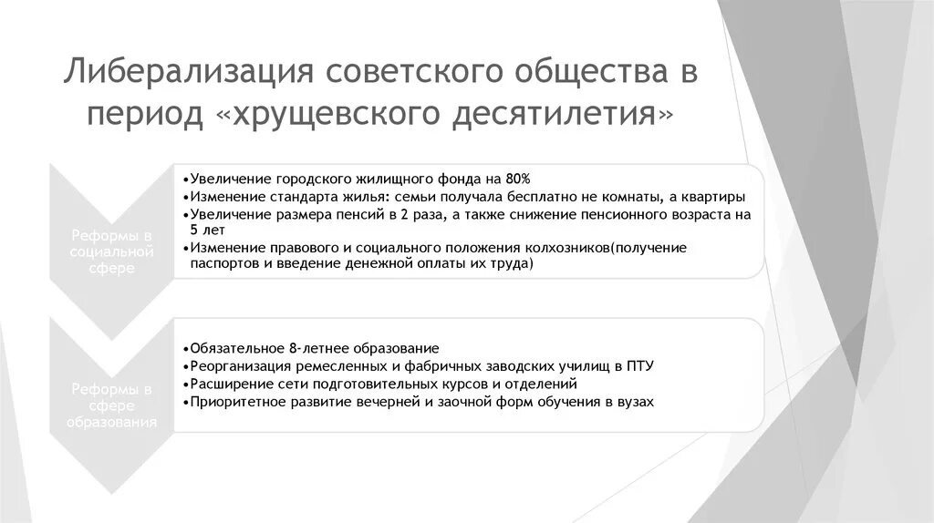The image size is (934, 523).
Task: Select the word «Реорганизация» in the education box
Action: (230, 365)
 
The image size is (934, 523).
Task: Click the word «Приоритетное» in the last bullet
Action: (229, 401)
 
